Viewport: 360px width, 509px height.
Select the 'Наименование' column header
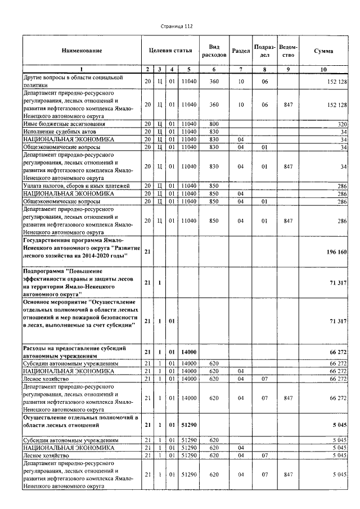(82, 51)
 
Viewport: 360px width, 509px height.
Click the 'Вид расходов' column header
(214, 51)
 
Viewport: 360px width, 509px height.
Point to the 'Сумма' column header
(323, 51)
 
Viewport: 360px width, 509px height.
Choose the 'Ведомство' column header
(288, 51)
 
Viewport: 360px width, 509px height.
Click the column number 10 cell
(323, 69)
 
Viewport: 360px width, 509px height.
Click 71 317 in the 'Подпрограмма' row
(337, 282)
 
